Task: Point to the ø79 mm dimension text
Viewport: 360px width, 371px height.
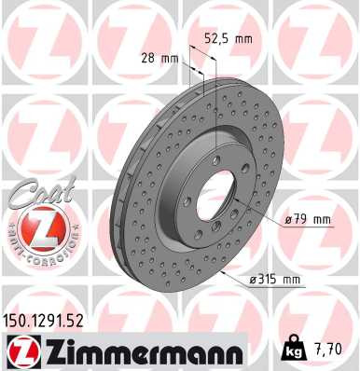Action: click(309, 219)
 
